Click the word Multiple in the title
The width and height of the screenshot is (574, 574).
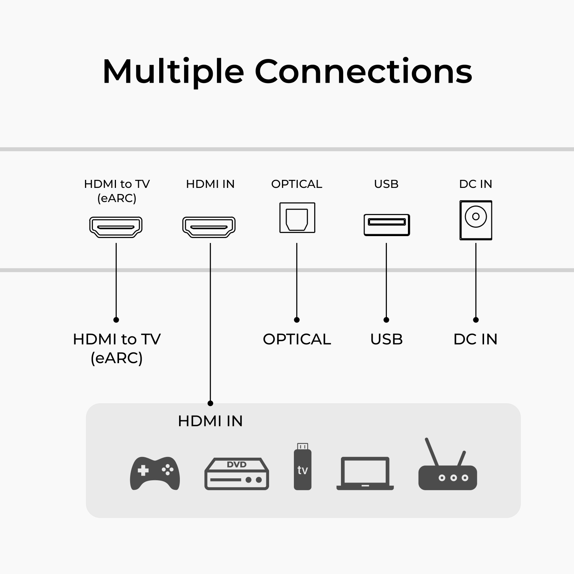point(173,72)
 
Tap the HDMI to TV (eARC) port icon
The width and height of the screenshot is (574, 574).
point(116,227)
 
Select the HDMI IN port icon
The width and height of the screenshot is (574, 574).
point(209,227)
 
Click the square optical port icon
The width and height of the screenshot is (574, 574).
point(297,218)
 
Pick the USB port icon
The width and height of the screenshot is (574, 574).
point(386,225)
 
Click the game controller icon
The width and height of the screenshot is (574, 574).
point(155,473)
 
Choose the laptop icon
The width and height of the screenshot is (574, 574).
point(365,473)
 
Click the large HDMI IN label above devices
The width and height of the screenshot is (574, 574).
point(210,421)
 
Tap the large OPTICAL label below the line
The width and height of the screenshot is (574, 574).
point(297,339)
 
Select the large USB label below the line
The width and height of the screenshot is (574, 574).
point(386,339)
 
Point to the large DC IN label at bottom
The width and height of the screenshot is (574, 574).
point(475,339)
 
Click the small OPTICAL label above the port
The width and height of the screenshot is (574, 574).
point(297,184)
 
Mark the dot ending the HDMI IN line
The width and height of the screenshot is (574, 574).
point(210,403)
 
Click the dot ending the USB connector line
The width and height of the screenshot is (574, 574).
point(386,320)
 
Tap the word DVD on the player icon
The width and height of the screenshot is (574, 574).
point(236,465)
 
